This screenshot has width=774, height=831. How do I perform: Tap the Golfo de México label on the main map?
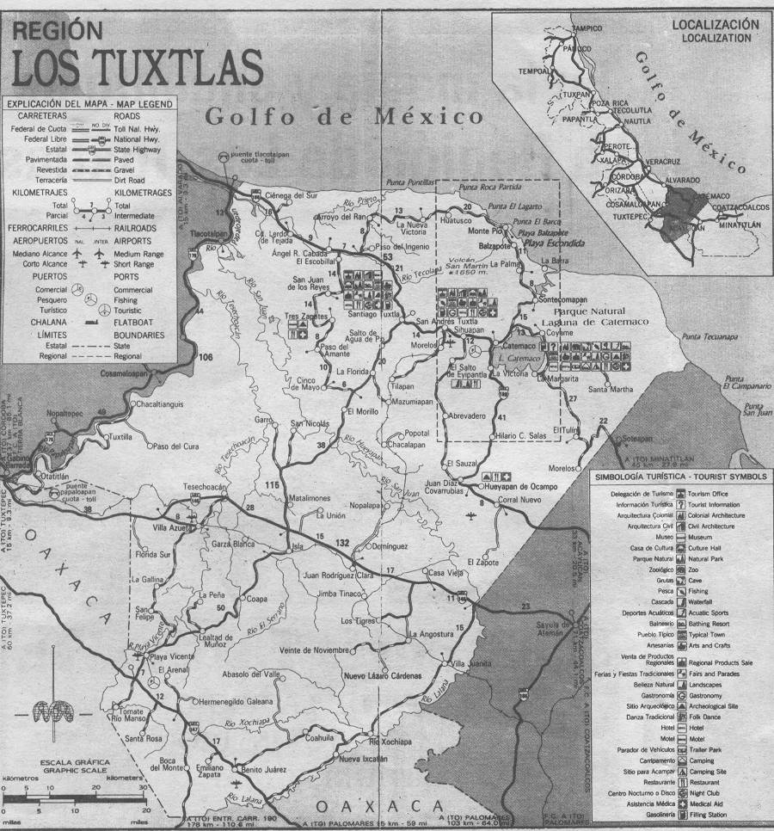[x=344, y=116]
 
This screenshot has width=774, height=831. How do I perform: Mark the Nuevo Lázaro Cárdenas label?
[x=384, y=674]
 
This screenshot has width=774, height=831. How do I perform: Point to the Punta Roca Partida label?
[x=489, y=187]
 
